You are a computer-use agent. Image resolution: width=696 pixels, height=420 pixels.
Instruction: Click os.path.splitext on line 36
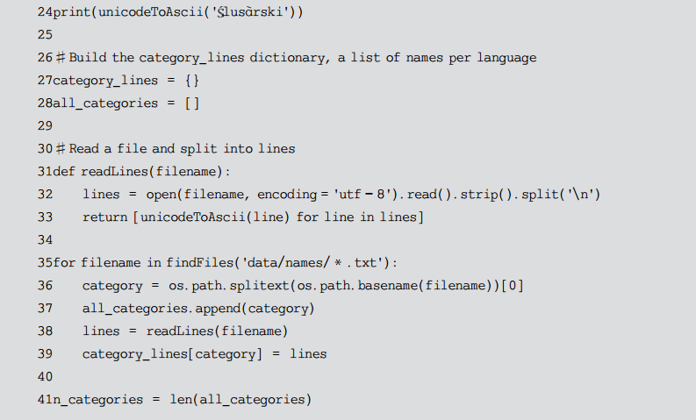click(218, 286)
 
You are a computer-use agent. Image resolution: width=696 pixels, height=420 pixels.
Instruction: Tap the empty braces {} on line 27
click(192, 81)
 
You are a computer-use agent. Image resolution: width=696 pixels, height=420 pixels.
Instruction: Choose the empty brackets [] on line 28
click(191, 103)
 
